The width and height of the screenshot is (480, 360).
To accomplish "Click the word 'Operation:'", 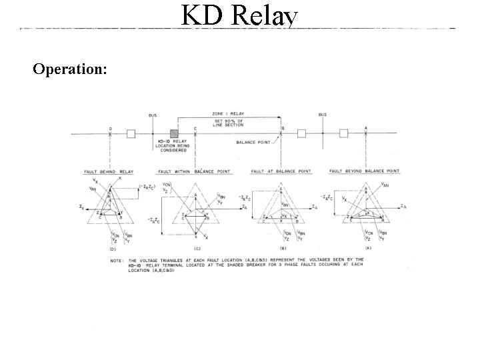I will (x=69, y=69).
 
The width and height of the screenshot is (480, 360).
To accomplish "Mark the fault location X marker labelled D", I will (x=111, y=134).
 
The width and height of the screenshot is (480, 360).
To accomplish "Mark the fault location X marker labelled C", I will (x=195, y=134).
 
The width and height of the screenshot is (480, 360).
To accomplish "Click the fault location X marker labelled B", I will (x=281, y=134).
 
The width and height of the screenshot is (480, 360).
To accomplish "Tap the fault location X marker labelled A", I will (x=366, y=134).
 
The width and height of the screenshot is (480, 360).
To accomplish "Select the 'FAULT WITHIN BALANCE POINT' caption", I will (x=194, y=171).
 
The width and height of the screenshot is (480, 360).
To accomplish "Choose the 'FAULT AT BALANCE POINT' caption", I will (x=281, y=171).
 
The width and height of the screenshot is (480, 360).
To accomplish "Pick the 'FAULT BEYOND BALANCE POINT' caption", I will (x=366, y=171).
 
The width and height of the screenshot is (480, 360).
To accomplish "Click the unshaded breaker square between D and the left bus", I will (x=131, y=134).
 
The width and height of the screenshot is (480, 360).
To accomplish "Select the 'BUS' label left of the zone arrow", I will (x=153, y=115).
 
